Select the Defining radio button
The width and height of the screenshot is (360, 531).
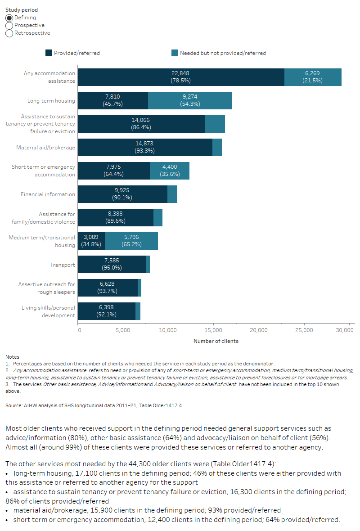[x=9, y=18]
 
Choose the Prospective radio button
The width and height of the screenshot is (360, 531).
[x=9, y=25]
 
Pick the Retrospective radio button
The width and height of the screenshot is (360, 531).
[x=9, y=33]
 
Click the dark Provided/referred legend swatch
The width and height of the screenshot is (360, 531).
[x=49, y=53]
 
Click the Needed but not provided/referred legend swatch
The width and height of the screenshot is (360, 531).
[x=175, y=53]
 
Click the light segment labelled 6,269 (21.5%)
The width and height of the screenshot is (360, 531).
[x=313, y=77]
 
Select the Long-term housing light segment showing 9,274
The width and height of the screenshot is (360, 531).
[x=190, y=101]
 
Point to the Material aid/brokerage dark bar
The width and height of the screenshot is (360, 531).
[x=145, y=148]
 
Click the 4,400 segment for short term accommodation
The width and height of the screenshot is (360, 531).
[x=170, y=171]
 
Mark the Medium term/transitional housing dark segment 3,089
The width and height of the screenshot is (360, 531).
[x=91, y=241]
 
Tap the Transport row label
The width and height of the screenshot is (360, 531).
[x=62, y=265]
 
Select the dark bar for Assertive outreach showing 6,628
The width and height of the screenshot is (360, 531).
[x=108, y=288]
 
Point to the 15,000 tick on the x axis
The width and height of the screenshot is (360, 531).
[x=213, y=330]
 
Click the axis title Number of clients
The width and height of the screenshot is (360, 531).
[x=216, y=341]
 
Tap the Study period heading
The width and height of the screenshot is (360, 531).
[x=22, y=9]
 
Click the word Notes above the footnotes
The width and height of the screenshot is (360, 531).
[x=12, y=356]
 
